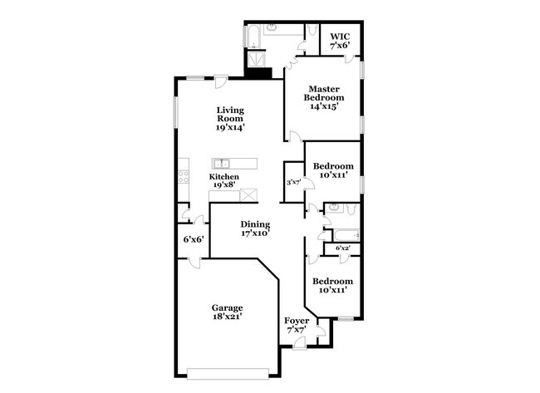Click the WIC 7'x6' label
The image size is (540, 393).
340,42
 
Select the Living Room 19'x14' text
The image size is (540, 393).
230,119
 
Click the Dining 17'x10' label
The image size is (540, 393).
256,228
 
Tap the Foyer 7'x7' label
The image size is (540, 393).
297,326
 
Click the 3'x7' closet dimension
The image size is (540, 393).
292,182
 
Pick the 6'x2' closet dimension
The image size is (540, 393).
342,248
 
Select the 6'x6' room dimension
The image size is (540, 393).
194,239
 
